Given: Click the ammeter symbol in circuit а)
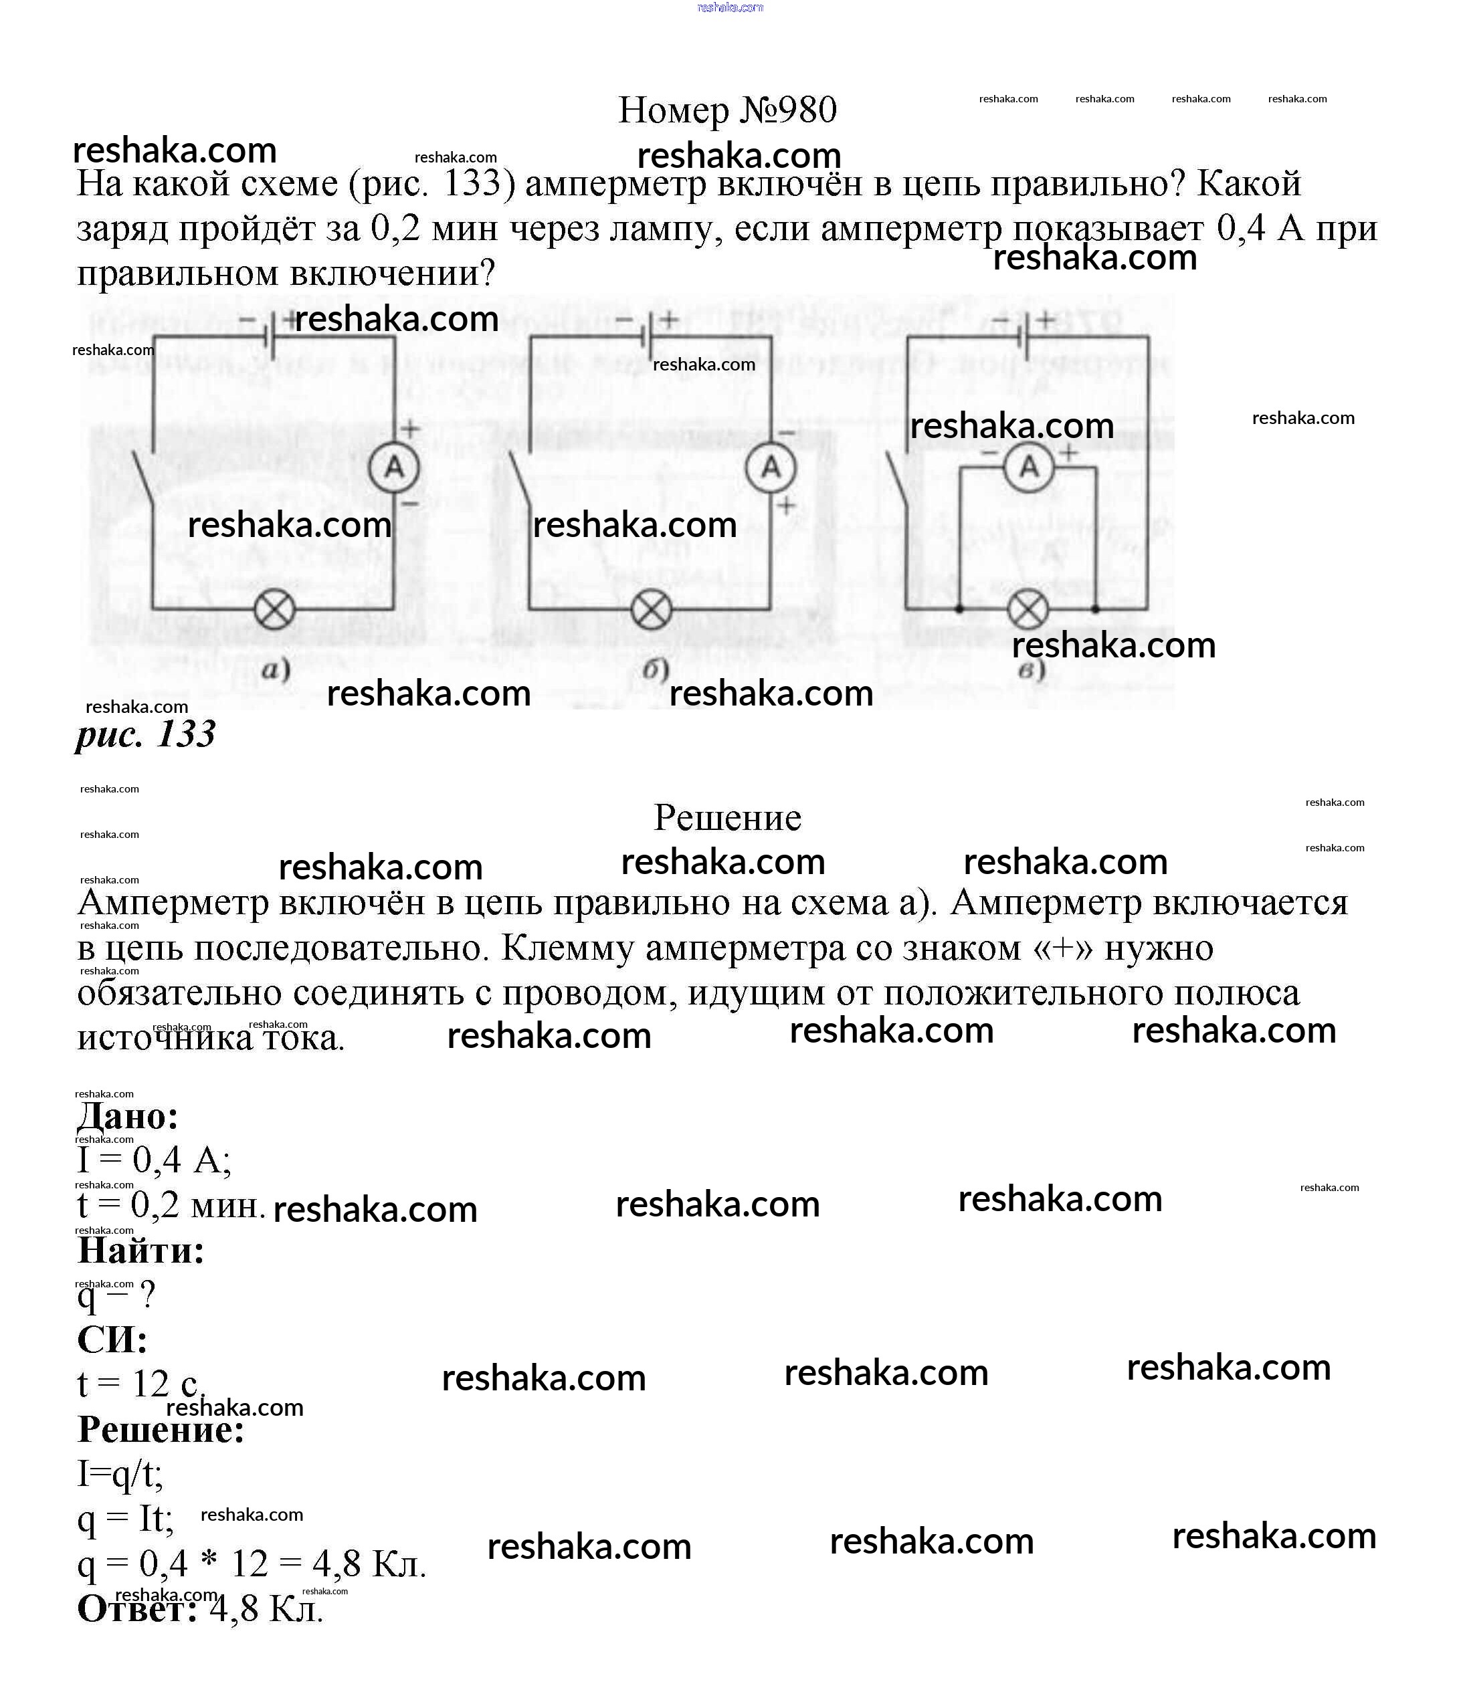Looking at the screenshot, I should [x=394, y=467].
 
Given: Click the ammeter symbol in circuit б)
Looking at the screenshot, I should [x=771, y=467].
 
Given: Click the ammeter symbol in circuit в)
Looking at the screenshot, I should [x=1029, y=467].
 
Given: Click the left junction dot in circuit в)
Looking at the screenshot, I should [x=959, y=609].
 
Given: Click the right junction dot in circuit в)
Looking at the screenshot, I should [x=1096, y=609].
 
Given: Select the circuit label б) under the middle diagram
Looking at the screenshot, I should [x=655, y=670].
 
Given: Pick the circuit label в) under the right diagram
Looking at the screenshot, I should [x=1032, y=670].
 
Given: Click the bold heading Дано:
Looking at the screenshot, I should [x=128, y=1116].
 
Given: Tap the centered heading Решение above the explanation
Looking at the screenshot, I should [x=727, y=817].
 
